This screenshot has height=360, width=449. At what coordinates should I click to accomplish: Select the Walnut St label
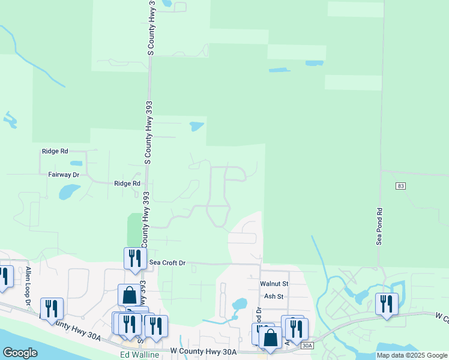[x=274, y=283]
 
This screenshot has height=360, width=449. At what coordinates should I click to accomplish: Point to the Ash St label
[x=274, y=296]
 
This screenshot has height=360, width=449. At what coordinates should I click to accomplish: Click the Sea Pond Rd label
[x=379, y=226]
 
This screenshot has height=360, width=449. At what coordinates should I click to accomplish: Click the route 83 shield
[x=400, y=187]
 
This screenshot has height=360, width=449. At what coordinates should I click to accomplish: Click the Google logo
[x=20, y=353]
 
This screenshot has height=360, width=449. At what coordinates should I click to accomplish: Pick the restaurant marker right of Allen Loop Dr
[x=52, y=308]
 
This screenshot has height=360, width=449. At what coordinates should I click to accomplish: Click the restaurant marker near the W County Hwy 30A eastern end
[x=387, y=304]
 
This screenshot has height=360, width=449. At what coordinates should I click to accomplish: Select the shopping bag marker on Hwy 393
[x=129, y=295]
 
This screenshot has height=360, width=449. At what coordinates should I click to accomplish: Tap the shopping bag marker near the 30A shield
[x=270, y=338]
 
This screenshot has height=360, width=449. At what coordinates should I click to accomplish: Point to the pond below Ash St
[x=239, y=304]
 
